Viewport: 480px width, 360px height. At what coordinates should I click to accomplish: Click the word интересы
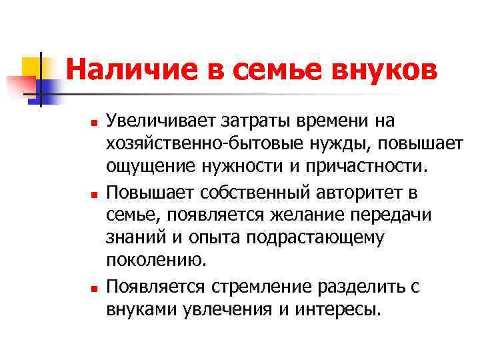coord(340,310)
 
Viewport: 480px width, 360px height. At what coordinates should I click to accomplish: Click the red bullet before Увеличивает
coord(94,124)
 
